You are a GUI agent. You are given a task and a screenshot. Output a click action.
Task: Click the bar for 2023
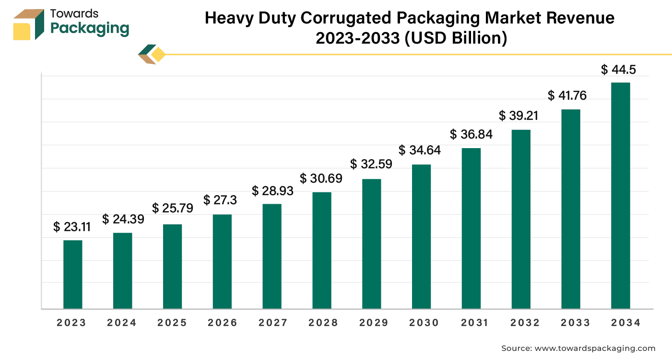(x=73, y=274)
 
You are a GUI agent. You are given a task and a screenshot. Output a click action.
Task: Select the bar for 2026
(x=222, y=261)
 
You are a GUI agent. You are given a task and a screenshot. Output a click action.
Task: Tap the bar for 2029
(x=372, y=244)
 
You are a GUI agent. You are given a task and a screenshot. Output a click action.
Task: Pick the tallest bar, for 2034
(x=621, y=196)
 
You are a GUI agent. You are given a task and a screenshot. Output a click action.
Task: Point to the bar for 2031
(x=471, y=228)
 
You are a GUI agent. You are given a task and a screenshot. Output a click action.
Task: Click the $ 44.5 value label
(x=619, y=70)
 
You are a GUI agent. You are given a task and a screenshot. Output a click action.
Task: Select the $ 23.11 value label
(x=72, y=227)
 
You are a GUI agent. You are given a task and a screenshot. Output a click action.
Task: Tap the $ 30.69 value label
(x=321, y=179)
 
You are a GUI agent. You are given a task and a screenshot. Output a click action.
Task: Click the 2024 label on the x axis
(x=122, y=323)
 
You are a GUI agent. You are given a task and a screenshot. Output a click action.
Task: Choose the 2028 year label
(x=323, y=323)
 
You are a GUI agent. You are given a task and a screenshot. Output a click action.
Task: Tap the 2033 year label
(x=575, y=323)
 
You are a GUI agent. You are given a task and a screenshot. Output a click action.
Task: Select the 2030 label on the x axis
(x=424, y=323)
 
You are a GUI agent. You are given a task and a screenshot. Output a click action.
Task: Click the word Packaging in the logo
(x=90, y=29)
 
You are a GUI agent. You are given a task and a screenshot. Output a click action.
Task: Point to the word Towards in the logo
(x=74, y=14)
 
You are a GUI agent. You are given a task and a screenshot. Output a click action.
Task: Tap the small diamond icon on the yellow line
(x=157, y=55)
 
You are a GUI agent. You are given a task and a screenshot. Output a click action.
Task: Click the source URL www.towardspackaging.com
(x=594, y=348)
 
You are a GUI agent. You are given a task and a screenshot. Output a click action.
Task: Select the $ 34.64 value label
(x=420, y=151)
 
